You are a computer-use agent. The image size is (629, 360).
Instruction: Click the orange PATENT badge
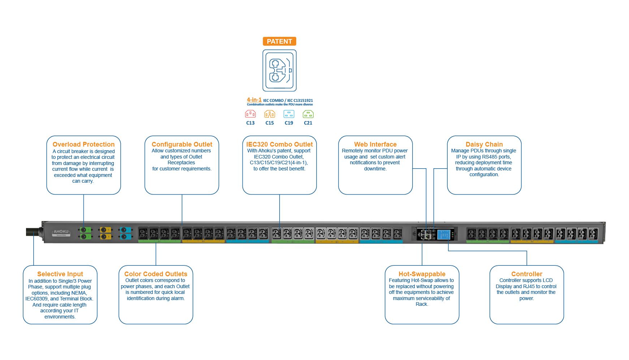279,42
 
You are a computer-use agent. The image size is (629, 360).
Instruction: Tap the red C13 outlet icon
250,114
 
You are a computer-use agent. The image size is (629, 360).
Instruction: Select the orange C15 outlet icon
270,114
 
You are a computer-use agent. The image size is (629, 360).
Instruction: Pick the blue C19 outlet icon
289,114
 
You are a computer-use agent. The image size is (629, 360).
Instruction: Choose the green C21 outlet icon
308,114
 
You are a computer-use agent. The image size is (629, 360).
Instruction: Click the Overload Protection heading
83,144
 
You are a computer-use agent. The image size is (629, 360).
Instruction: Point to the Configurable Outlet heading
182,144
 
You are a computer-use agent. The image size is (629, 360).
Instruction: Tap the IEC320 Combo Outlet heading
279,144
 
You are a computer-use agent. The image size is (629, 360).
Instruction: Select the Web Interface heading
375,144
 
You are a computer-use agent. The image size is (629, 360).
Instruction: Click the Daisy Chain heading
484,144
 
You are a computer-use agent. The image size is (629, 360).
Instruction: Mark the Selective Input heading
60,274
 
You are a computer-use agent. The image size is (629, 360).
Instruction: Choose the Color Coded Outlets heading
156,274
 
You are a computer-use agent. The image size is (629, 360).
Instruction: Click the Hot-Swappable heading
422,274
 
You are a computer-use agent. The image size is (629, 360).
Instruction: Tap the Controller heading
527,274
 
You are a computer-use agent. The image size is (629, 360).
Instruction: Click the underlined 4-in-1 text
254,100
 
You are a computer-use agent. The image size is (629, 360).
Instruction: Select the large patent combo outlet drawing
279,70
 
